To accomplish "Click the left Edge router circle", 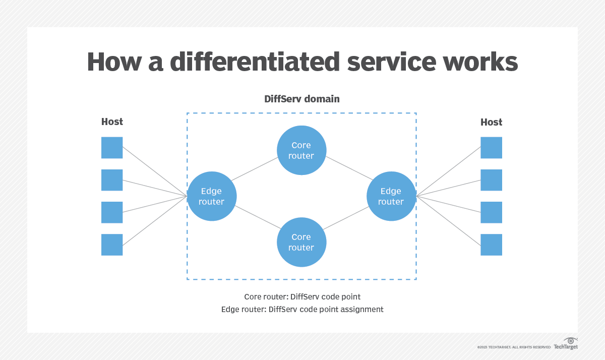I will [212, 196].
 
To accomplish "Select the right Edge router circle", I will [391, 196].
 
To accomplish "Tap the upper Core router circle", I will [301, 150].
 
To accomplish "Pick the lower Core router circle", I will [301, 242].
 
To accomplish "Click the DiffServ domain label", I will [301, 99].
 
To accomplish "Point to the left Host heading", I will [112, 122].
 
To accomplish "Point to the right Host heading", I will [491, 122].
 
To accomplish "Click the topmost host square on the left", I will [112, 148].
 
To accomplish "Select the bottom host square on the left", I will [112, 245].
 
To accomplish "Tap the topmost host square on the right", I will [491, 148].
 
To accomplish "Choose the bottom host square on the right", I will [491, 245].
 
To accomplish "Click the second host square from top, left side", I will [112, 180].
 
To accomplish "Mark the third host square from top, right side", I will [491, 212].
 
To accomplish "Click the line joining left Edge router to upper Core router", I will [255, 168].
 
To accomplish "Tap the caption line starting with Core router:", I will [302, 296].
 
